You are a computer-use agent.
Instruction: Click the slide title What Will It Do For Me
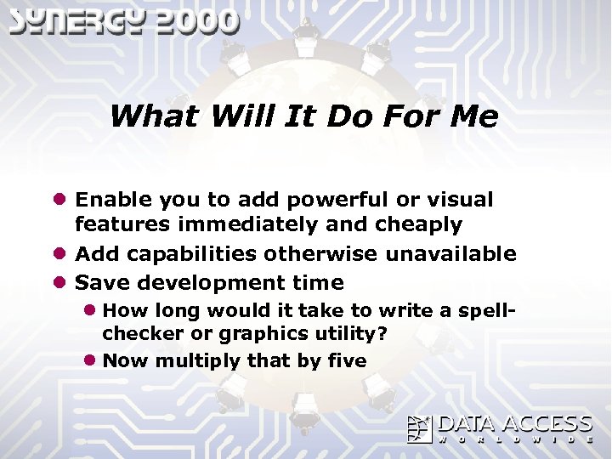(303, 116)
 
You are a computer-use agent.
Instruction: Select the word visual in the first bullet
(460, 200)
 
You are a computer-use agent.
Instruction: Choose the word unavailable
(450, 254)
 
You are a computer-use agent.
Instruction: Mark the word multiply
(197, 360)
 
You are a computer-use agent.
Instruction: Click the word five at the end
(347, 360)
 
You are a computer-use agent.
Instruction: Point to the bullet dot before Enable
(59, 200)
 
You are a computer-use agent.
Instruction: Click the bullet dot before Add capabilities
(59, 254)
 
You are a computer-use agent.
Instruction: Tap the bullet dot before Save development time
(59, 282)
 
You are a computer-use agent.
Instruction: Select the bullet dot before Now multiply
(89, 360)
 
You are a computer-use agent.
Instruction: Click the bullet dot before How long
(89, 310)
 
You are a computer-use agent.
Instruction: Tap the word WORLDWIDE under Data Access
(515, 439)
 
